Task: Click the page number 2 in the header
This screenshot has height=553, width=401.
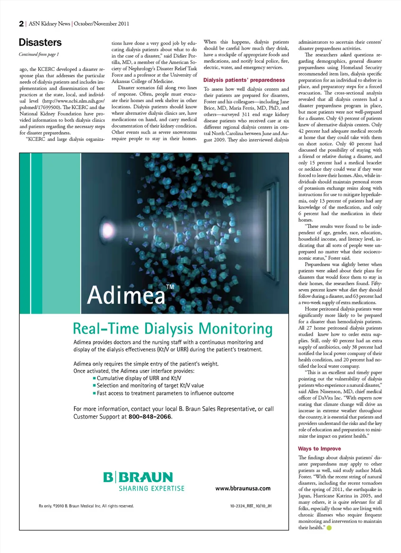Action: click(21, 24)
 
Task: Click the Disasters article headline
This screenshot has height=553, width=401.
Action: click(40, 43)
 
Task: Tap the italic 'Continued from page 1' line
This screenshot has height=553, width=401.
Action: click(39, 54)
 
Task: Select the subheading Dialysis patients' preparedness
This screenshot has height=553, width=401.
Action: click(244, 80)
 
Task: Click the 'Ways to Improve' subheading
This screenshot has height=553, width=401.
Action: click(319, 449)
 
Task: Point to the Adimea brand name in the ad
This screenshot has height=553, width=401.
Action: click(126, 295)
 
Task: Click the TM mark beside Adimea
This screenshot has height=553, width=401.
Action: click(170, 287)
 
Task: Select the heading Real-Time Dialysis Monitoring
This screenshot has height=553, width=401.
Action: click(173, 329)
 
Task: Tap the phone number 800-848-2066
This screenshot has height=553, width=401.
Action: click(150, 417)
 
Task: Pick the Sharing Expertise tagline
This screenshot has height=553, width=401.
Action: click(152, 488)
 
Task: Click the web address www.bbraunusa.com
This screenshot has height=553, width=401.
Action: click(243, 488)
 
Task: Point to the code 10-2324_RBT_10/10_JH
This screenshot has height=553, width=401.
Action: click(251, 506)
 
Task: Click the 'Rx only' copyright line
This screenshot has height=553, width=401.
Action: click(86, 506)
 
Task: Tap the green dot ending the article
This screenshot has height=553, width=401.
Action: click(329, 528)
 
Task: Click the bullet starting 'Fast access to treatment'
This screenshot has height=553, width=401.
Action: click(165, 393)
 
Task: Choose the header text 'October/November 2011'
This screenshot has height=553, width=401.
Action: click(102, 24)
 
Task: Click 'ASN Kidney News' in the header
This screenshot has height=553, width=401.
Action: click(49, 24)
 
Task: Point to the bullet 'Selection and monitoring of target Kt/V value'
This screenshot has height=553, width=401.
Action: click(150, 386)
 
